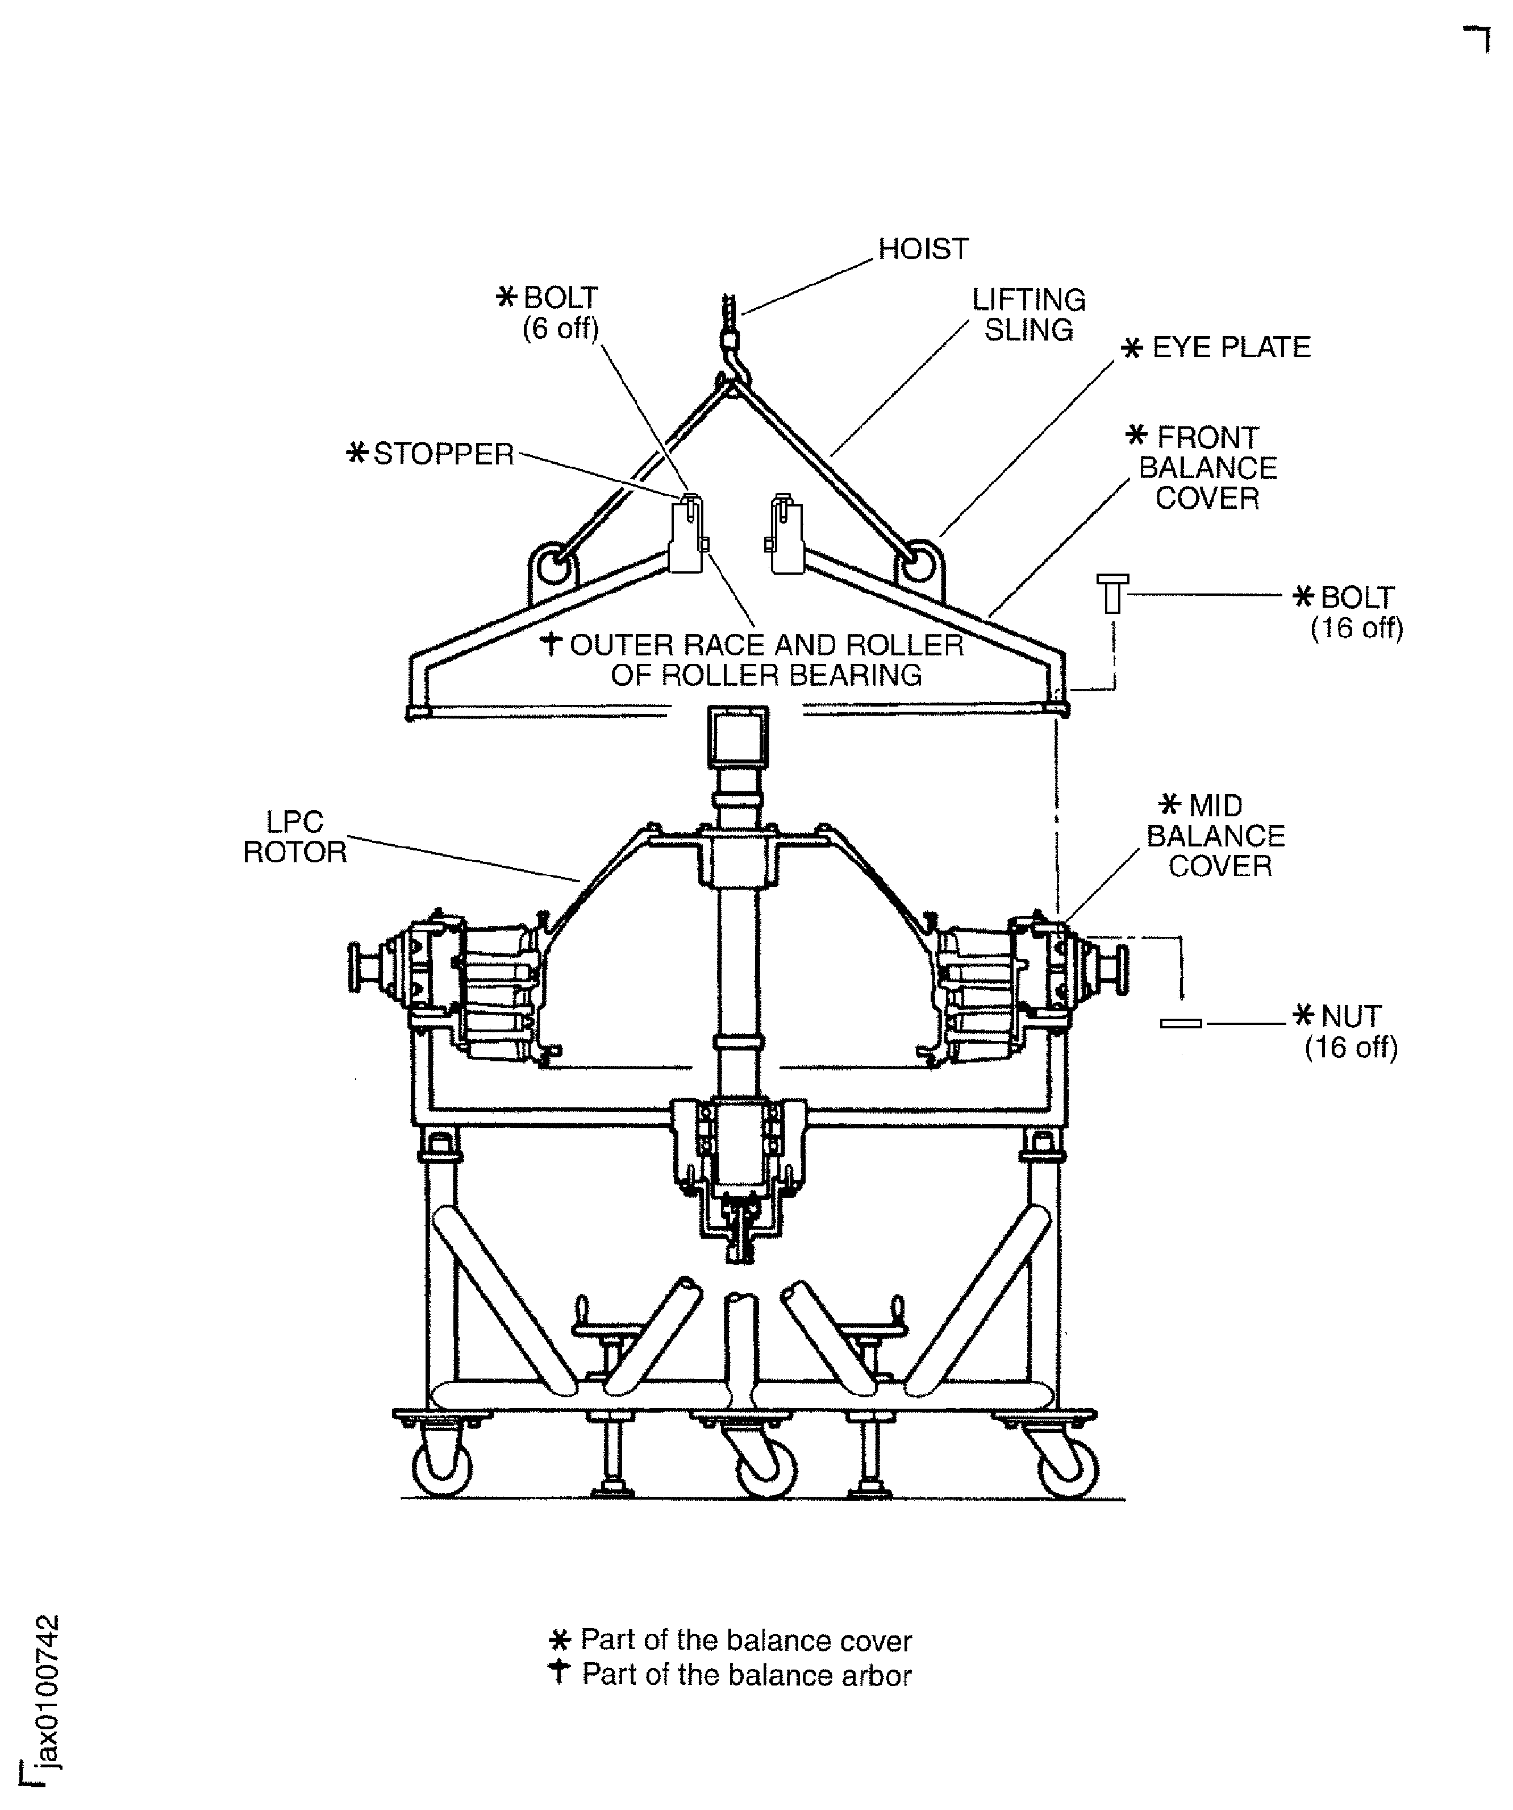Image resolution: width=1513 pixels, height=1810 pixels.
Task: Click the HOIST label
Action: (923, 249)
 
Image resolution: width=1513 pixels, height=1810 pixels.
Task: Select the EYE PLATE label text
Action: (1231, 347)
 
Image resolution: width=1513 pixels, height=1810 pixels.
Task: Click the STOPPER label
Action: (442, 454)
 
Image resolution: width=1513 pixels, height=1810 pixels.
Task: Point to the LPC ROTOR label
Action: (295, 837)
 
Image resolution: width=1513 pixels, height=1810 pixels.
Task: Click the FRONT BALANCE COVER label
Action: (1206, 468)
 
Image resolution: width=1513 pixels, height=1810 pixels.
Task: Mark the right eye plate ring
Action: (918, 566)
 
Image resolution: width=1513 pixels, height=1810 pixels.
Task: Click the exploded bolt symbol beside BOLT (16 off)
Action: (1112, 594)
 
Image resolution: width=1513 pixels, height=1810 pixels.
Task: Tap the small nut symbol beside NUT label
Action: (1181, 1023)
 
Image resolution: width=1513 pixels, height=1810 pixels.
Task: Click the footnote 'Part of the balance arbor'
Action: (745, 1675)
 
